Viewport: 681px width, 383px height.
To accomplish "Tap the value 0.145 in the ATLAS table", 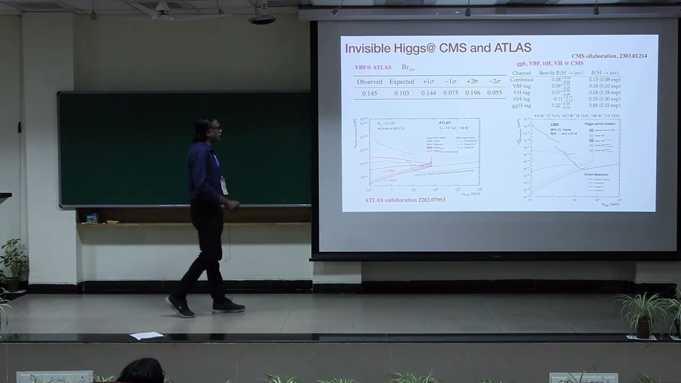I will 369,93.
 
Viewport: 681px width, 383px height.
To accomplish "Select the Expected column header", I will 401,82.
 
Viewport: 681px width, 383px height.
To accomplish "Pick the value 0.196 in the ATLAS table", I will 472,93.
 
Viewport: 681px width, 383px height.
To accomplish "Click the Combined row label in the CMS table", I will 521,80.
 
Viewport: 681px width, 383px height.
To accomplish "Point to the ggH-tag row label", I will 521,105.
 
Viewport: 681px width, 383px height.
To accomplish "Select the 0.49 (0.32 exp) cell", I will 604,105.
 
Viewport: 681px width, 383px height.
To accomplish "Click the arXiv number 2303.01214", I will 633,56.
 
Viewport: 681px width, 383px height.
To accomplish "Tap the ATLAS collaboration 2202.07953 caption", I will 405,200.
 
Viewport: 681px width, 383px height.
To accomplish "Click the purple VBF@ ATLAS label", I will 373,68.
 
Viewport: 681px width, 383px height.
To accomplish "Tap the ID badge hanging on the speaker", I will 225,186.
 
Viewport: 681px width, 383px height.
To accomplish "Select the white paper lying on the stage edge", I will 146,336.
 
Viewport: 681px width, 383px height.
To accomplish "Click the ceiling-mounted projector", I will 262,19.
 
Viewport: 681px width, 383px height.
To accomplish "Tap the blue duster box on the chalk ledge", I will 92,218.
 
